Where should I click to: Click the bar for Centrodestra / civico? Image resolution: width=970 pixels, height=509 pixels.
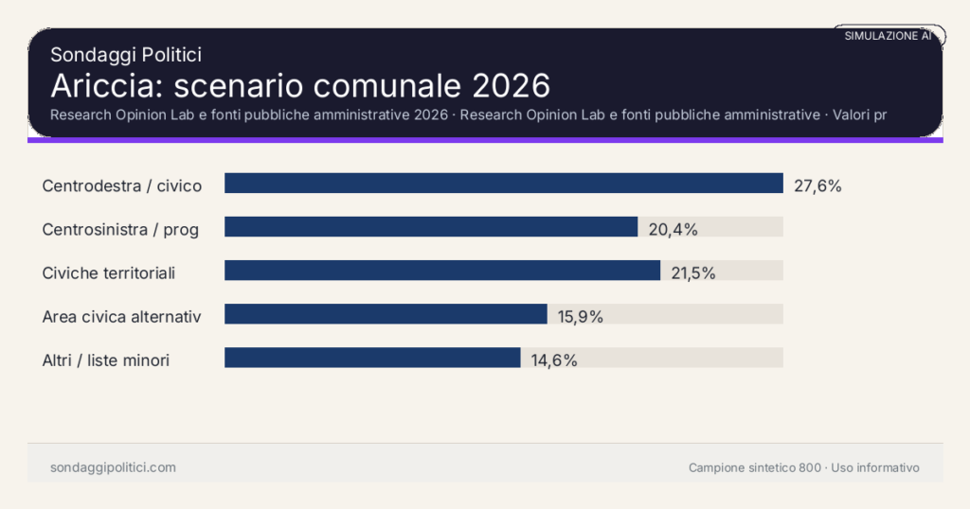click(x=503, y=184)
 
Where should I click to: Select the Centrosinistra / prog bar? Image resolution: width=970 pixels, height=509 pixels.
click(x=431, y=227)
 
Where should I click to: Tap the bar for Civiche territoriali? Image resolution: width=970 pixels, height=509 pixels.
click(x=442, y=271)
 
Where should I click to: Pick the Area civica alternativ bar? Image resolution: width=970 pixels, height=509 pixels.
click(x=386, y=314)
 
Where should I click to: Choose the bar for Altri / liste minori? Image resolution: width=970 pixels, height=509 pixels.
click(x=372, y=358)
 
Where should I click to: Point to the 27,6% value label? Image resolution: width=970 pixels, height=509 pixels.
click(x=817, y=185)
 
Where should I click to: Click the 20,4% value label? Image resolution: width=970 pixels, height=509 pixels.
click(x=673, y=229)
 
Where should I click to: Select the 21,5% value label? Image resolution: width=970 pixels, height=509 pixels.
click(x=693, y=273)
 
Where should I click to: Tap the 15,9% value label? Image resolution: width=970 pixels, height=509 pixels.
click(x=581, y=317)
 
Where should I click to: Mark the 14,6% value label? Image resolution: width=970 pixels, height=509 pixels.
click(x=554, y=360)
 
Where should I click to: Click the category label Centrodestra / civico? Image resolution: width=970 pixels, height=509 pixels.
click(x=122, y=185)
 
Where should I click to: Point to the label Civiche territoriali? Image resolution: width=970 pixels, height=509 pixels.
click(x=109, y=273)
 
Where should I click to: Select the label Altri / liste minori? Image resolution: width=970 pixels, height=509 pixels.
click(x=106, y=360)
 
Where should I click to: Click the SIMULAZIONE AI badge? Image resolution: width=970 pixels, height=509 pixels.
click(x=888, y=36)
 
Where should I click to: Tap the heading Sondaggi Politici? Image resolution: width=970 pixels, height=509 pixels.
click(x=126, y=55)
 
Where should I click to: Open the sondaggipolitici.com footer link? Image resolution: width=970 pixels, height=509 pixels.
click(x=113, y=467)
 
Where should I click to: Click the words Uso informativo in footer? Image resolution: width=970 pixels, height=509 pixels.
click(x=875, y=468)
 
